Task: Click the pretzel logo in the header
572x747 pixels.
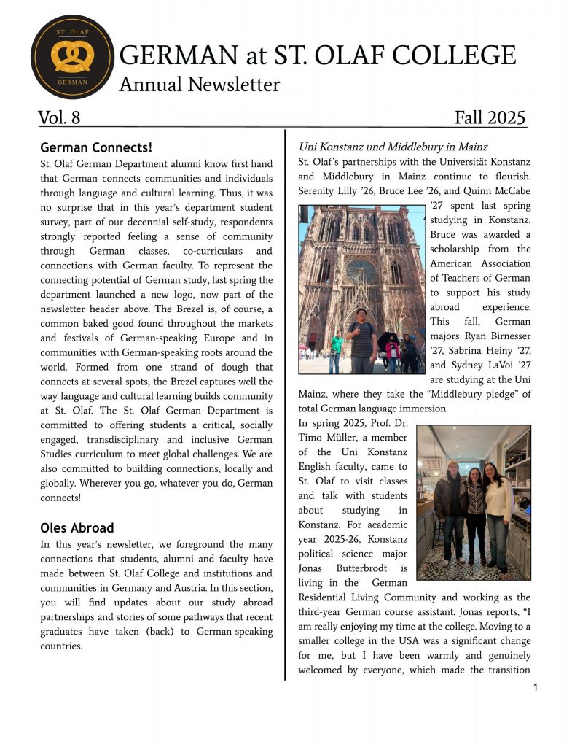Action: coord(72,56)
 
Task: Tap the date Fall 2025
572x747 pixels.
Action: coord(489,117)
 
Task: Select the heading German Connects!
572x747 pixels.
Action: coord(95,147)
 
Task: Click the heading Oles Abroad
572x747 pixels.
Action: coord(77,527)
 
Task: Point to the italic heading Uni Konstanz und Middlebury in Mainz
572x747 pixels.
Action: coord(393,147)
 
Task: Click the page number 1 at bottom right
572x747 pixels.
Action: coord(536,687)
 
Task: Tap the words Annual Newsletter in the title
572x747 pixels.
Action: coord(199,85)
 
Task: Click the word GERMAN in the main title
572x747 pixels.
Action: coord(178,55)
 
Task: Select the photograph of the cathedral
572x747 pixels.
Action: coord(361,289)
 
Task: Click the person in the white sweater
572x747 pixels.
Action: coord(498,515)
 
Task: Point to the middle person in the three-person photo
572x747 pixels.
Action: coord(475,514)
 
